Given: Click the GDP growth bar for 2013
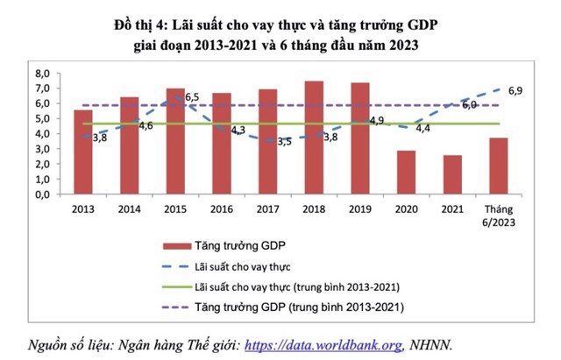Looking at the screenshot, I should click(83, 152).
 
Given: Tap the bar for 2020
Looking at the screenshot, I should click(406, 173).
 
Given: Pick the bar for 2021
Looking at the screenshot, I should click(452, 175).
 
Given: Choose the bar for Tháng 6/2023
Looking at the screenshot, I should click(498, 166).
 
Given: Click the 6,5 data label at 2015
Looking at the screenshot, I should click(192, 97).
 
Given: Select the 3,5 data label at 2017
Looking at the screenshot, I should click(284, 141).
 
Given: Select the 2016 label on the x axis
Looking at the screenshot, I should click(222, 210).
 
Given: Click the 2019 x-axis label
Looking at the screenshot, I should click(360, 210).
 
